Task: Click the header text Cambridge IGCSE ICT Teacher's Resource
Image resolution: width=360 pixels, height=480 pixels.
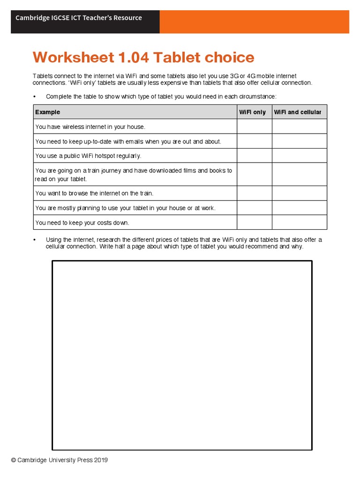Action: (79, 18)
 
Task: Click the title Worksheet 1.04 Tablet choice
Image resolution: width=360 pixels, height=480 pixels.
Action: (143, 58)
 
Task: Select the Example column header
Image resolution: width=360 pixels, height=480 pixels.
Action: (48, 112)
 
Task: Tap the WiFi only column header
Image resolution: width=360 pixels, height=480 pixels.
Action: (252, 112)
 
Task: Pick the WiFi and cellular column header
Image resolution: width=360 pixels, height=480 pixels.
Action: (298, 112)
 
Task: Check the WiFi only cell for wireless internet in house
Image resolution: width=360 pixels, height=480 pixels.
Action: (254, 127)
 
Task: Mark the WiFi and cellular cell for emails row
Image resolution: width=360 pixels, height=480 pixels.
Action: (299, 141)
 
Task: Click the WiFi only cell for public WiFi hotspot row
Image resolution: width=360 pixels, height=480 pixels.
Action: (254, 156)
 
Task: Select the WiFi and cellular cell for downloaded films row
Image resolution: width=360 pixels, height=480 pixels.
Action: (299, 174)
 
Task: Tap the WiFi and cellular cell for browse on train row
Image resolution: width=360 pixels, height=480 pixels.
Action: (299, 193)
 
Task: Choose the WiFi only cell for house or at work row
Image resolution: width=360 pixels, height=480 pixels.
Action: (254, 208)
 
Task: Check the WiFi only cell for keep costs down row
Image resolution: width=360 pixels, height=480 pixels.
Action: (254, 222)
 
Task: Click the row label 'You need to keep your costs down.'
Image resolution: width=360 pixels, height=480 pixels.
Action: (82, 223)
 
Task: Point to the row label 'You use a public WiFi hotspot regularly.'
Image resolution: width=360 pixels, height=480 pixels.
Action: (88, 156)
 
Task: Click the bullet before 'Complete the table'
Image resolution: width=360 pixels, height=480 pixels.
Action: (35, 97)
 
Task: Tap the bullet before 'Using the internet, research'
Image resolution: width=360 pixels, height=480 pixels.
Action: (35, 240)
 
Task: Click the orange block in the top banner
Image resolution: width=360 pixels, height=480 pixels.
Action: (254, 22)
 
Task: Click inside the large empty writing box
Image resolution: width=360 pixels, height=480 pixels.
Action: (182, 355)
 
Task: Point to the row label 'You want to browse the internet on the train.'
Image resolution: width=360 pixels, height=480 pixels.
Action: (94, 193)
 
